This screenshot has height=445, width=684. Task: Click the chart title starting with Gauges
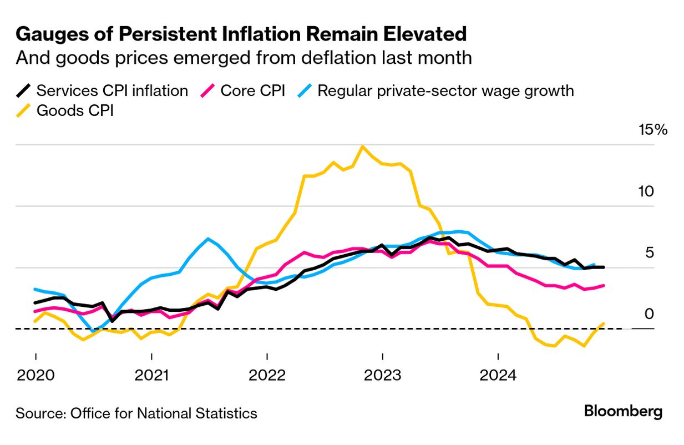point(241,34)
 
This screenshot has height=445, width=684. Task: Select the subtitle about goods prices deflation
point(244,58)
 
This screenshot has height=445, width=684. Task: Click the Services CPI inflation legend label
point(112,90)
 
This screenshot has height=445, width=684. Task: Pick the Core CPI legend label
point(252,90)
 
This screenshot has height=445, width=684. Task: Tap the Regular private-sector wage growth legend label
point(445,90)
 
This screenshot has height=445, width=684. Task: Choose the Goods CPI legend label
point(75,110)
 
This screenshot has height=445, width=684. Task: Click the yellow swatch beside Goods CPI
point(24,110)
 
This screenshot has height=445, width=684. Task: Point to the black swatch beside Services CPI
point(24,90)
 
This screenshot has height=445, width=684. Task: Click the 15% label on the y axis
point(653,130)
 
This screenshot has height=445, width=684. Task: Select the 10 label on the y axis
point(646,192)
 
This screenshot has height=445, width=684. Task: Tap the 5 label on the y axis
point(650,253)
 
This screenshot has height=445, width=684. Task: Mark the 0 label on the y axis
point(650,315)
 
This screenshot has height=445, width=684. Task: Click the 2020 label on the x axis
point(36,376)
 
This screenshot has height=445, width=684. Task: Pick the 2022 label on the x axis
point(267,376)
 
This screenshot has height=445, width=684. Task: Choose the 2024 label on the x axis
point(498,376)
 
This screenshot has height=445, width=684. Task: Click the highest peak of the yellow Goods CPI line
point(362,146)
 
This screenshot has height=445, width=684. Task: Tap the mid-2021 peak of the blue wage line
point(207,239)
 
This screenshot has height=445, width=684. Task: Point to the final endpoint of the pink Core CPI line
point(604,286)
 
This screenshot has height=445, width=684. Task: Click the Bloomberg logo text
point(623,412)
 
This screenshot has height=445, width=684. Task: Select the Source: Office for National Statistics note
point(136,413)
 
